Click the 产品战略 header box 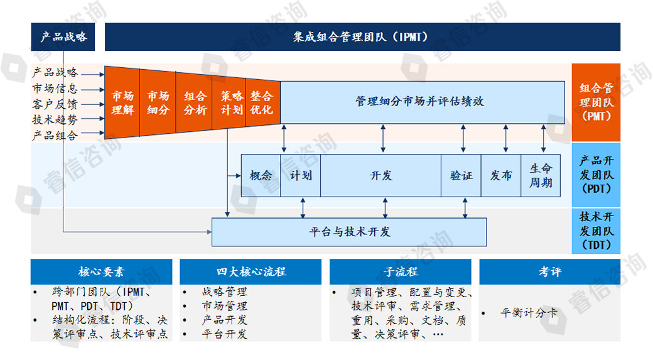click(x=63, y=37)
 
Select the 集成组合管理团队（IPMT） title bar click(x=362, y=37)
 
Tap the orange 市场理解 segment click(x=122, y=103)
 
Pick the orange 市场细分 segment click(x=158, y=103)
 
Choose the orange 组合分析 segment click(x=195, y=103)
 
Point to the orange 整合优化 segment click(x=262, y=103)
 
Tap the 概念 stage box click(x=261, y=175)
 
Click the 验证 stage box click(x=461, y=175)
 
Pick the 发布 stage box click(x=501, y=175)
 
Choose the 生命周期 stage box click(x=541, y=175)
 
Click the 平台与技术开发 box click(x=349, y=232)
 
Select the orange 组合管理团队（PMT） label click(x=596, y=102)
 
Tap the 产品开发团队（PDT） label click(x=596, y=175)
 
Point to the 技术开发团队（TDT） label click(x=596, y=231)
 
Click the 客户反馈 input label click(x=55, y=104)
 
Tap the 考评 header click(x=549, y=271)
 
